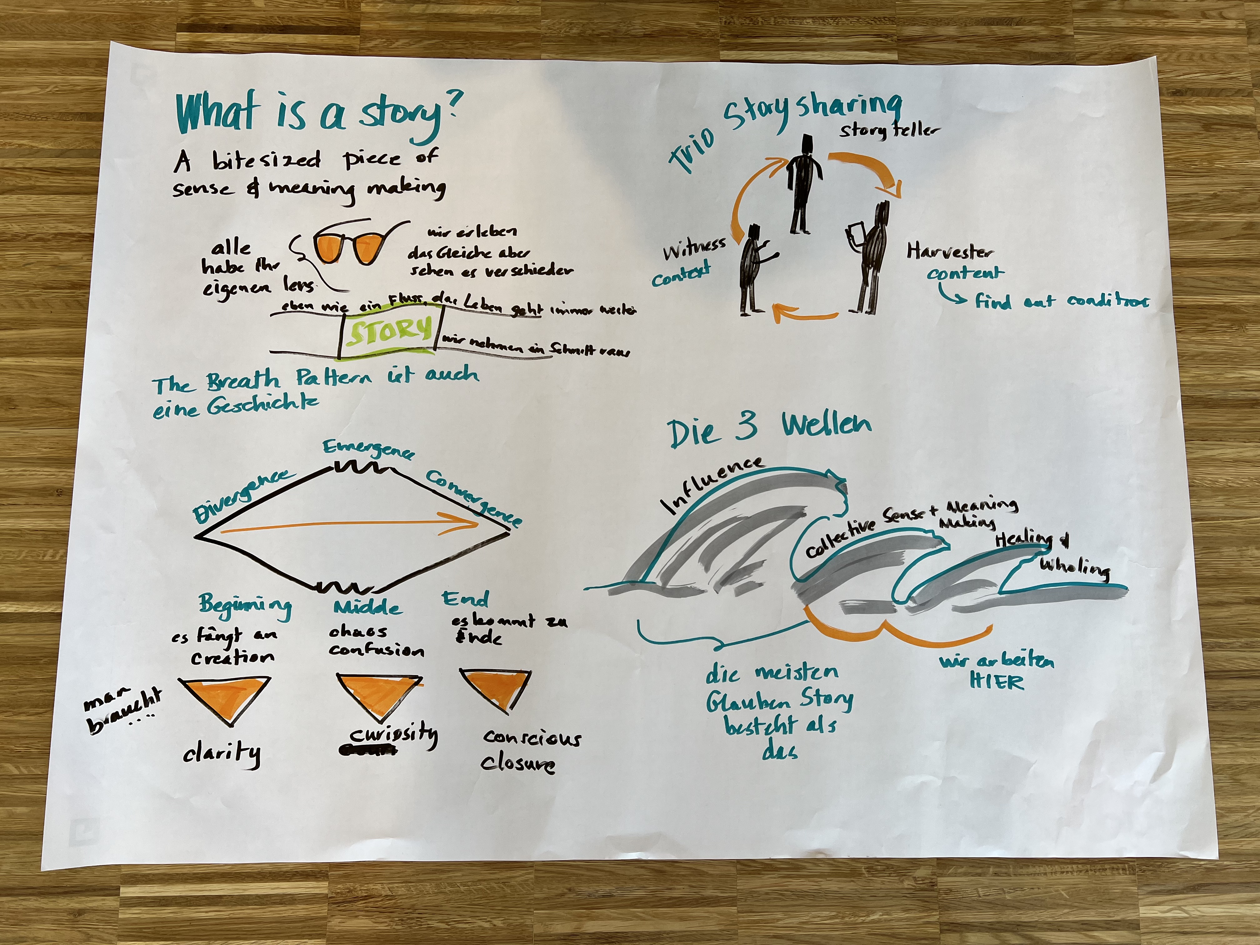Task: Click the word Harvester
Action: [x=950, y=251]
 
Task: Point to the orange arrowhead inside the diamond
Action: [x=464, y=523]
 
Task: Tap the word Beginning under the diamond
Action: [x=245, y=605]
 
